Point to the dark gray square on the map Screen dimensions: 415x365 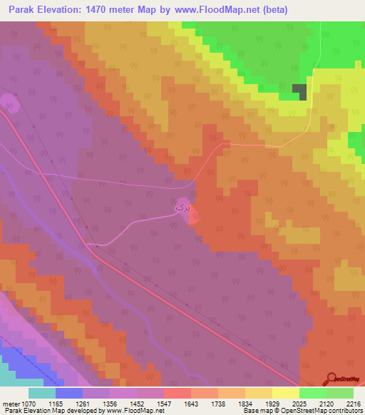tap(303, 92)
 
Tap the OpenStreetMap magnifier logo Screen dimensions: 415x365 tap(331, 379)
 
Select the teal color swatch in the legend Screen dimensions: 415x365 tap(42, 393)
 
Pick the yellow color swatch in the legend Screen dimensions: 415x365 tap(286, 393)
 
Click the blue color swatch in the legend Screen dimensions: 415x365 tap(69, 393)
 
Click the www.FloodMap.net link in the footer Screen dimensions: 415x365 tap(135, 411)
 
